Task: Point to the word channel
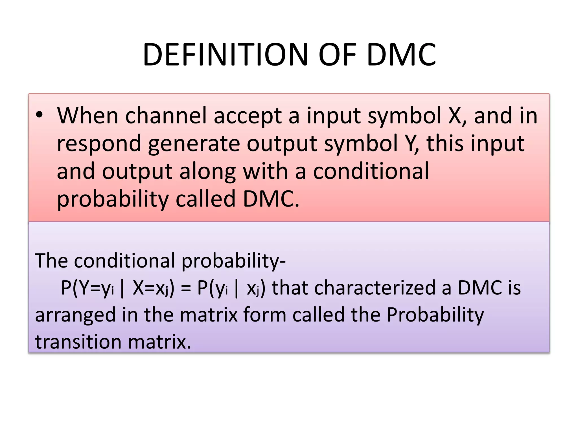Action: [166, 116]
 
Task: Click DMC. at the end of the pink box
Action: [271, 199]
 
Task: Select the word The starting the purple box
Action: [51, 261]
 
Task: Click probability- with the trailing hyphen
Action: [233, 261]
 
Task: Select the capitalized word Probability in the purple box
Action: [435, 315]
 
